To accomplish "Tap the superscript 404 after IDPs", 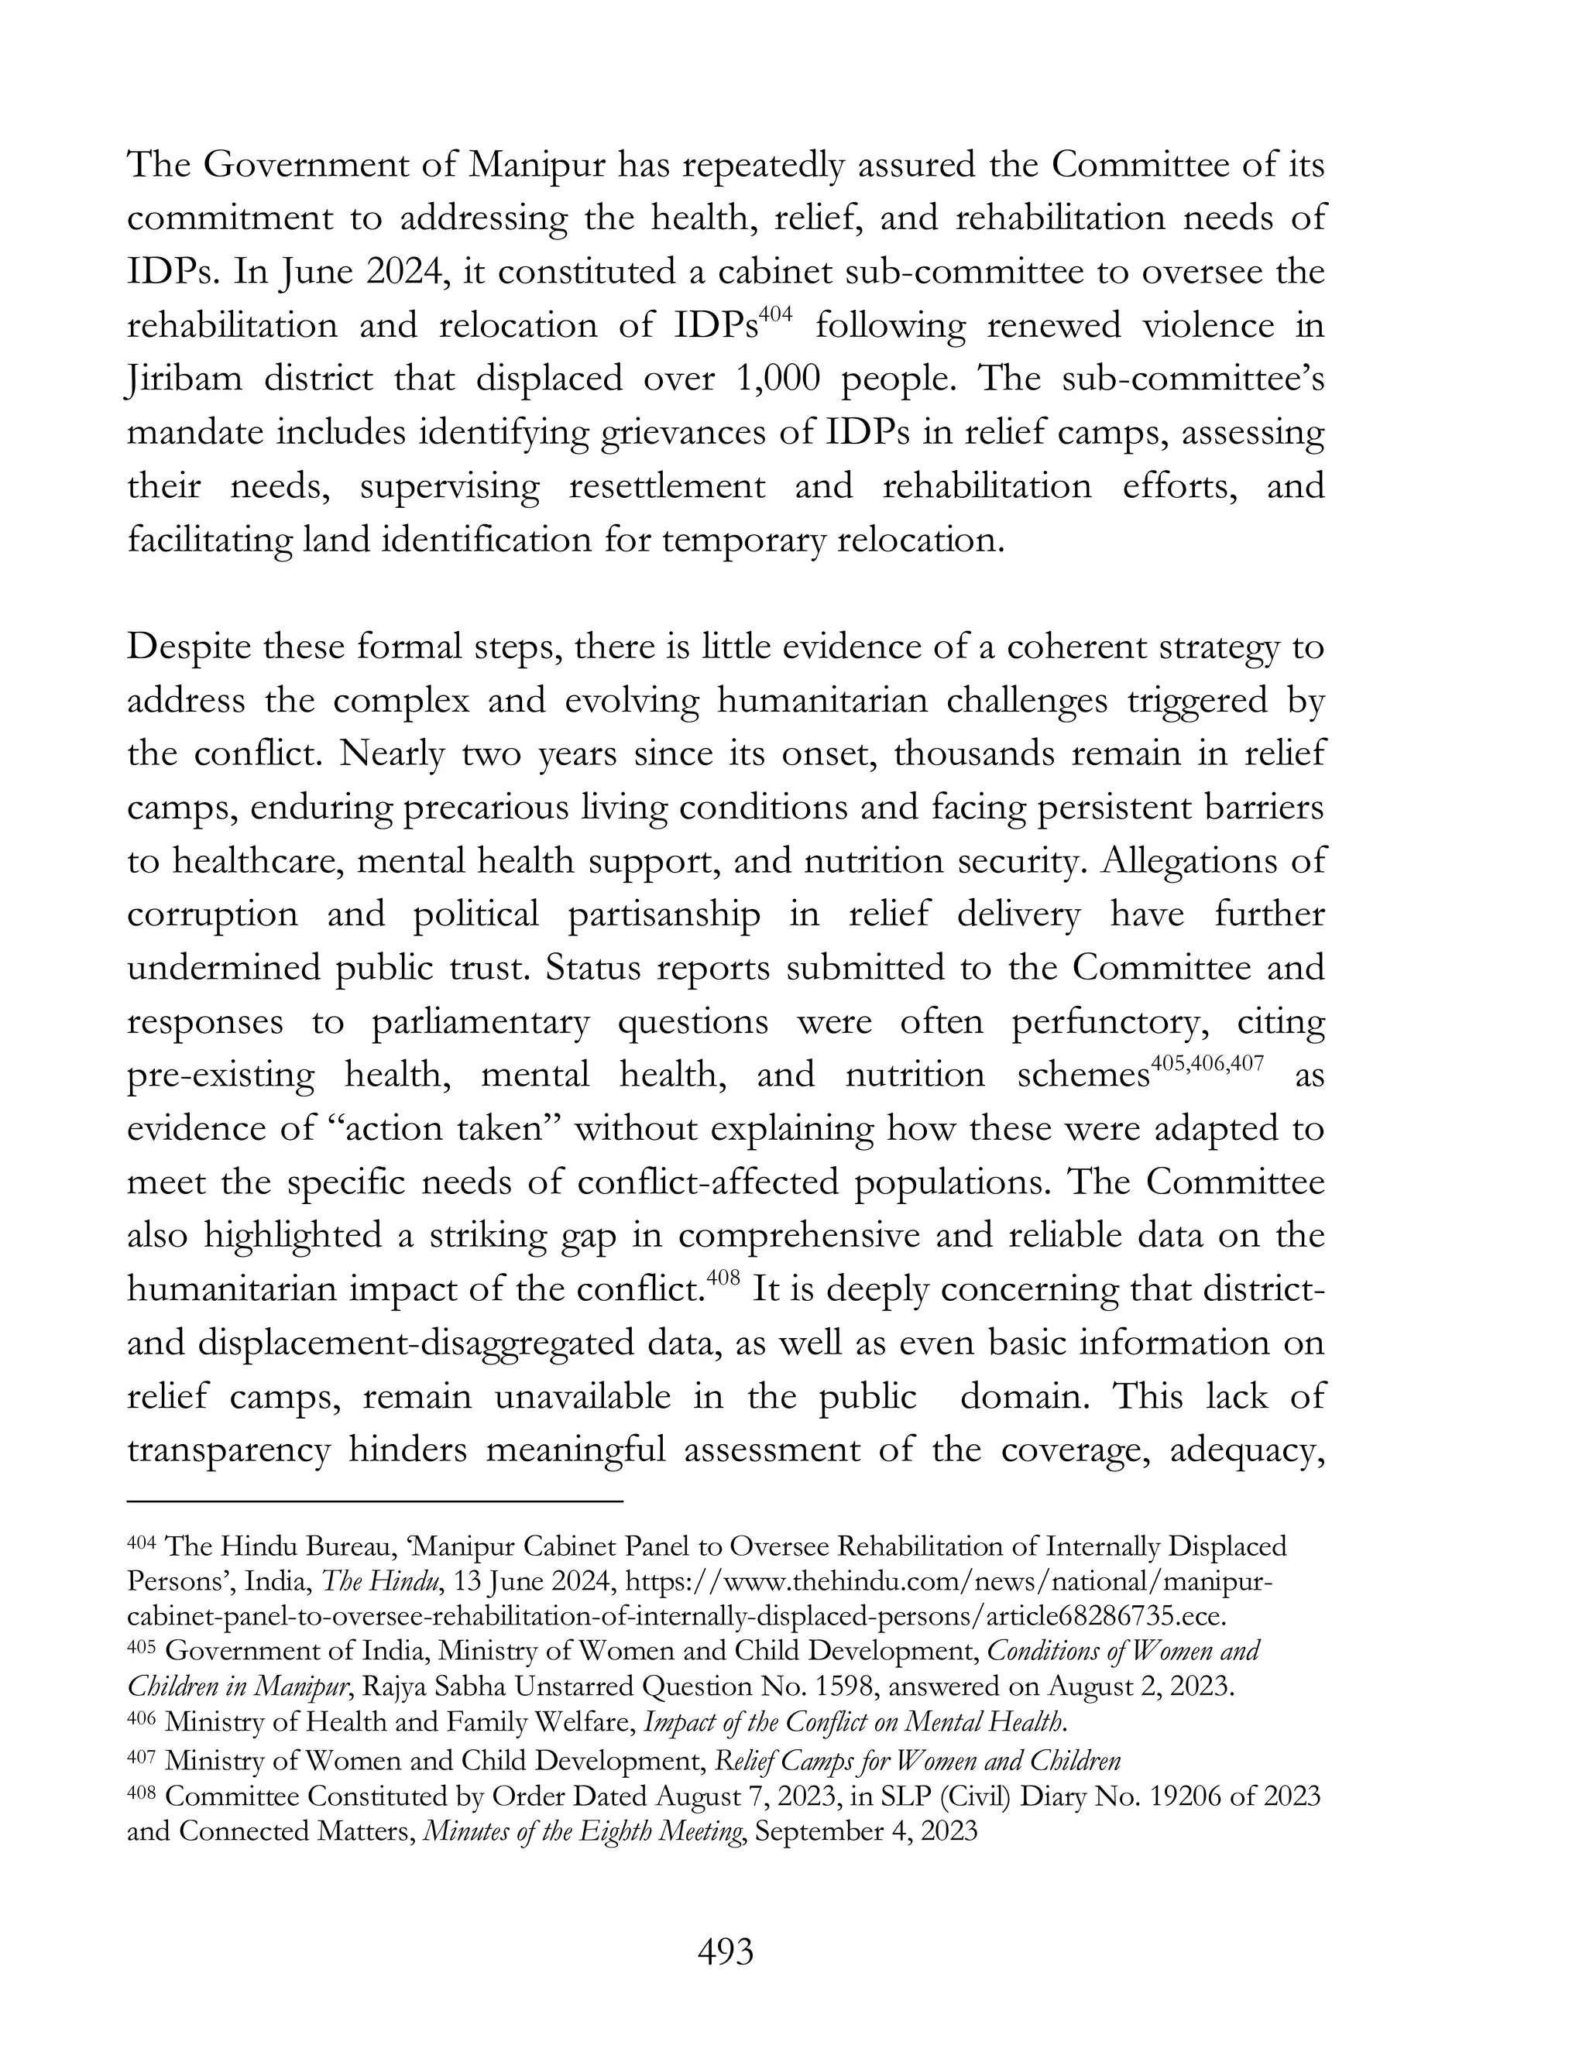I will (776, 314).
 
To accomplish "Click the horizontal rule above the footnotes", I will (375, 1501).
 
